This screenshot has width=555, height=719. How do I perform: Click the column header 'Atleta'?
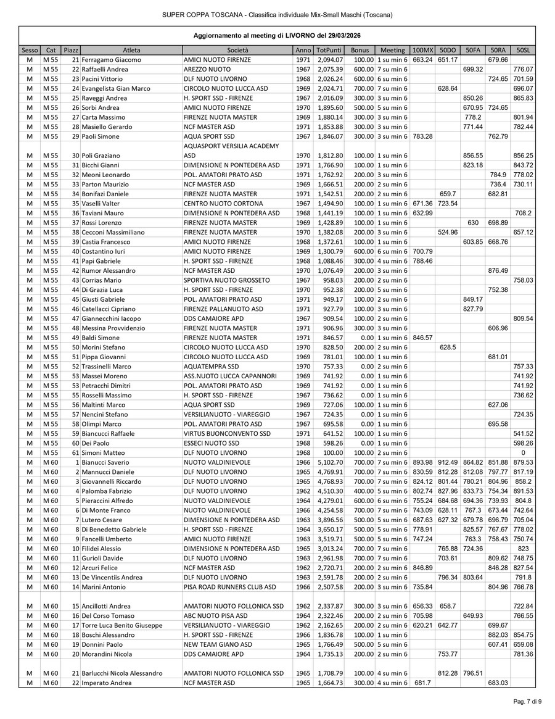click(x=131, y=49)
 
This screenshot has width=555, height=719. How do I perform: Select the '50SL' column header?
click(x=523, y=49)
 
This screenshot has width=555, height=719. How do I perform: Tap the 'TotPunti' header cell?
click(x=329, y=49)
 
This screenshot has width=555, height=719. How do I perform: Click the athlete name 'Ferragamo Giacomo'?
click(x=111, y=60)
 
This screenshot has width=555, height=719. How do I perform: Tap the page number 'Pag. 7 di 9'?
click(x=527, y=702)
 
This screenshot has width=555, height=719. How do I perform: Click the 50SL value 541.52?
click(x=523, y=433)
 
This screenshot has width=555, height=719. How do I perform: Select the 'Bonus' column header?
click(x=359, y=49)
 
